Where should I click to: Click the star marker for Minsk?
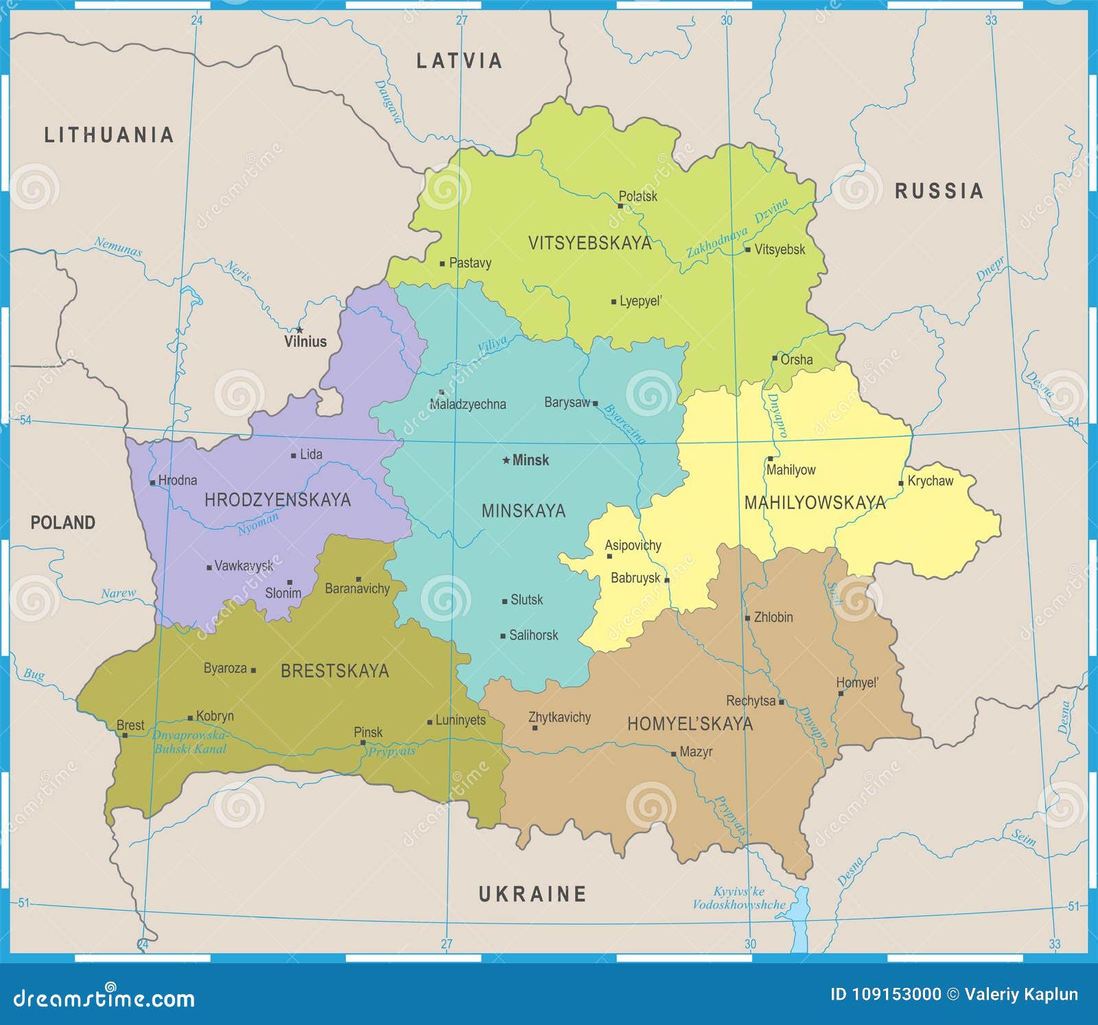(x=506, y=460)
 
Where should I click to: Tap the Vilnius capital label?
(x=305, y=342)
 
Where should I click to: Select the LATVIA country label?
(x=460, y=61)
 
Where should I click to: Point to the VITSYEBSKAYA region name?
(x=589, y=243)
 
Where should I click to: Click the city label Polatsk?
(x=638, y=197)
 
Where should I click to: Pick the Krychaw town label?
(x=930, y=481)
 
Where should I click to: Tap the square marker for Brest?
(x=125, y=735)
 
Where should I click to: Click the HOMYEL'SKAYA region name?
(x=690, y=724)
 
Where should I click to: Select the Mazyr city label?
(x=695, y=752)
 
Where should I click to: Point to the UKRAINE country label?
(x=533, y=894)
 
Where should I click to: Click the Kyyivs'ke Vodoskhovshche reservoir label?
(x=738, y=898)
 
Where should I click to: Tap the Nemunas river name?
(x=118, y=246)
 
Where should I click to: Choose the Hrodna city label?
(x=177, y=480)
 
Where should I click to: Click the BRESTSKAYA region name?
(x=335, y=671)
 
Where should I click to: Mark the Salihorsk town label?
(x=533, y=635)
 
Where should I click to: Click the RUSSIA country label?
(x=939, y=191)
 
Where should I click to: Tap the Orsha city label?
(x=796, y=360)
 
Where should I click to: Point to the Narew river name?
(x=118, y=593)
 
